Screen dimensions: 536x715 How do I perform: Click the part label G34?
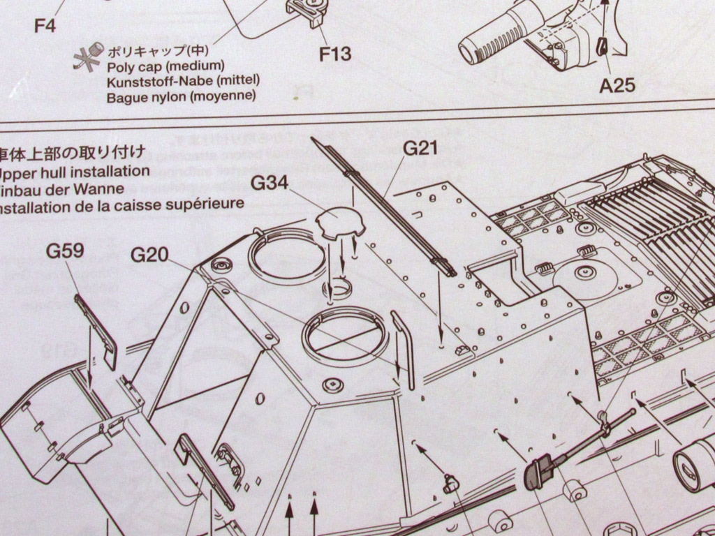tap(269, 184)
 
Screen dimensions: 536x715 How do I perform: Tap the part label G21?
tap(420, 149)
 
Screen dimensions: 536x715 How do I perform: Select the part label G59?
tap(65, 251)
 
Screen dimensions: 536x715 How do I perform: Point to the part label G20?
tap(149, 255)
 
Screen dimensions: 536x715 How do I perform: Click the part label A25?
tap(617, 85)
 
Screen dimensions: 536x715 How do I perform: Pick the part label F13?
tap(335, 54)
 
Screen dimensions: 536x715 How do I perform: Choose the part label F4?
tap(45, 27)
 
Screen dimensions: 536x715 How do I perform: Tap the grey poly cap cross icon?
tap(89, 56)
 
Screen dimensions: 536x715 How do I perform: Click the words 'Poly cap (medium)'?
tap(165, 66)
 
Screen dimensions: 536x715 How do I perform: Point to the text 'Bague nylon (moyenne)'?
tap(181, 97)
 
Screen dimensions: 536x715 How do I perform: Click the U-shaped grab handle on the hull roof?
tap(404, 348)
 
